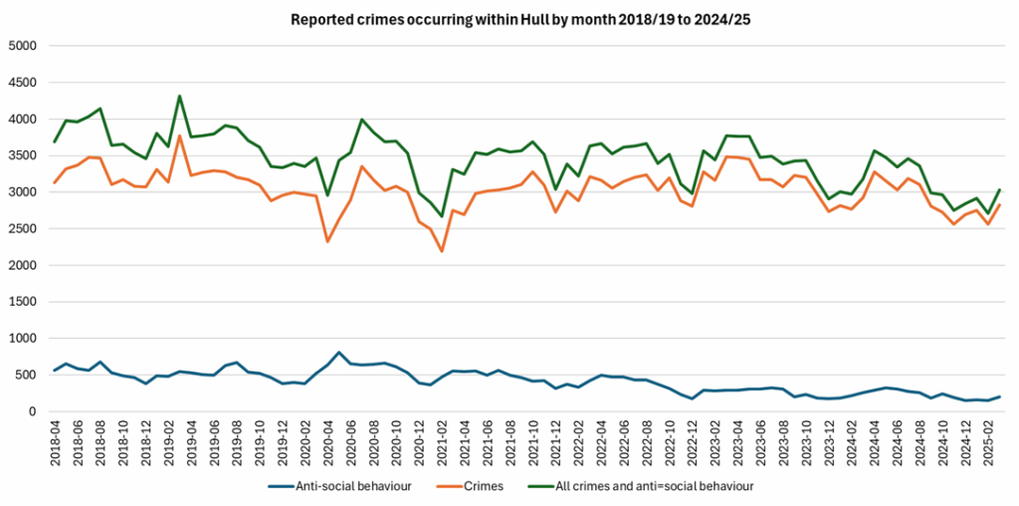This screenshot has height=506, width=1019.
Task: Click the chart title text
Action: tap(509, 18)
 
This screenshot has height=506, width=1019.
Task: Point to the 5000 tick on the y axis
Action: tap(22, 46)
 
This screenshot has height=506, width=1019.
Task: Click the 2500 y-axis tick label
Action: tap(22, 229)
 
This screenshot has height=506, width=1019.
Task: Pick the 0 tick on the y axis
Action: tap(32, 411)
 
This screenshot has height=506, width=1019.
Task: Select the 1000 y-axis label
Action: tap(22, 339)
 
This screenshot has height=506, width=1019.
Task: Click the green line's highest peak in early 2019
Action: tap(179, 97)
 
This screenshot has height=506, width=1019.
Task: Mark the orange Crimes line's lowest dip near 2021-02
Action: tap(442, 251)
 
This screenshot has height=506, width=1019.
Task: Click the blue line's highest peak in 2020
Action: tap(339, 353)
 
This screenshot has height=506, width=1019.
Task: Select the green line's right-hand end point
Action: tap(999, 189)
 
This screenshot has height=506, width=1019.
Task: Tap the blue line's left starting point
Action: tap(55, 371)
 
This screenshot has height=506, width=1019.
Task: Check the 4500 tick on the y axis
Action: tap(22, 83)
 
